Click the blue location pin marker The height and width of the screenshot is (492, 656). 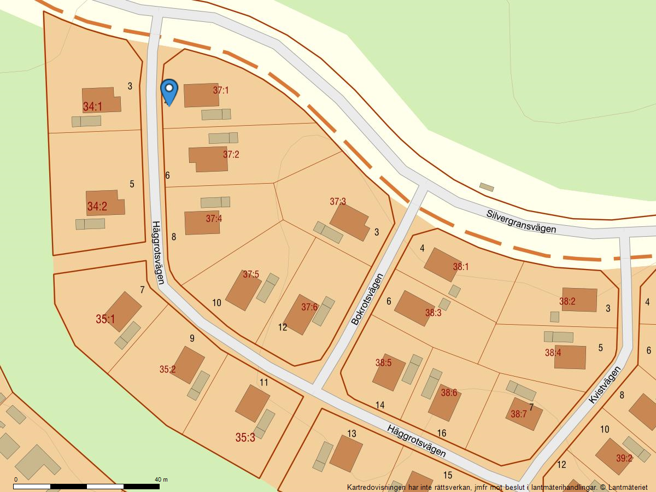click(169, 91)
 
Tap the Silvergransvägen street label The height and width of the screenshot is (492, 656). click(521, 220)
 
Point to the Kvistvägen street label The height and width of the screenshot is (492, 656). click(605, 385)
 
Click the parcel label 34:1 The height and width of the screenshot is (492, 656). click(92, 107)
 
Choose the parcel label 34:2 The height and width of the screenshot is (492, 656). click(97, 207)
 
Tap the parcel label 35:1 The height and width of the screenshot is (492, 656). click(106, 319)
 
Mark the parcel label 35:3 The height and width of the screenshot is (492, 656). click(245, 437)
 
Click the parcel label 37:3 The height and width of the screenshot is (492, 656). click(338, 202)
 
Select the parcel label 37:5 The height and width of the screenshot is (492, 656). click(251, 274)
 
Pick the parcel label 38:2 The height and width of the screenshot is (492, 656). click(567, 301)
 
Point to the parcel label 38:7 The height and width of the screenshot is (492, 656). click(518, 414)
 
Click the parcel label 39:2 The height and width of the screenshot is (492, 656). click(624, 458)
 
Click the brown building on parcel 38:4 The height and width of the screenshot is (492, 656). click(570, 357)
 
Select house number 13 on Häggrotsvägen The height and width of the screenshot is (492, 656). click(352, 434)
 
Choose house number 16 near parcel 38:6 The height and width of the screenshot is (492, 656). click(441, 433)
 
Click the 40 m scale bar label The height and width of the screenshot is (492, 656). click(161, 479)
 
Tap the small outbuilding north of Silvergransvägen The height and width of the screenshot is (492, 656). click(487, 187)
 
